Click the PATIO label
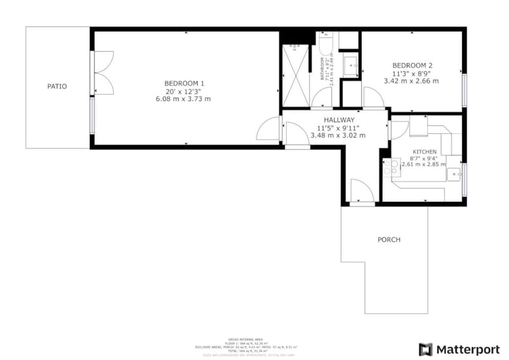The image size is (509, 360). coord(57,86)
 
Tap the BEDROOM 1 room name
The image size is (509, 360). coord(183,83)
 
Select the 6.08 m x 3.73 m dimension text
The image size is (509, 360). coord(183,99)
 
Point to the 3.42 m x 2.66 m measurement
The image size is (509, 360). coord(411,81)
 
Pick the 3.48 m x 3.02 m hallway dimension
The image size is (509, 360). coord(338,135)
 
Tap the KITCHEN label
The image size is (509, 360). coord(425,152)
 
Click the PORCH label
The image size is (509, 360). coord(389,240)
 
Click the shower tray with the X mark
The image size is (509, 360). coord(295,75)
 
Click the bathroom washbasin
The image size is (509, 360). coord(350,67)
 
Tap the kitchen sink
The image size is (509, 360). coord(453,174)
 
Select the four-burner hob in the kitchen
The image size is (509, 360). coord(392,167)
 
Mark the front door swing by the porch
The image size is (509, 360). coord(362,191)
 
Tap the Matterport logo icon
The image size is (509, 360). coord(425,349)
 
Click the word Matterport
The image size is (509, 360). coord(468,349)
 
